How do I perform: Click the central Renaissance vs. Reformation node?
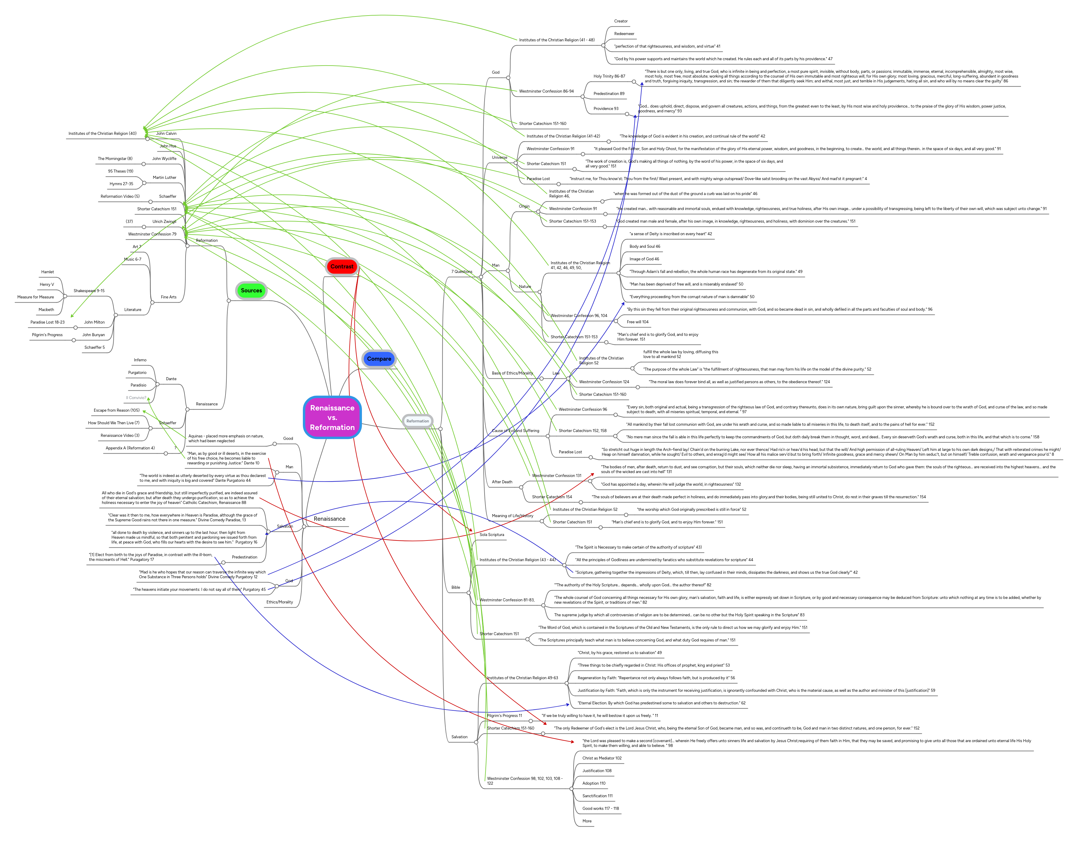(x=332, y=417)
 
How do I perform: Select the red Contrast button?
(x=342, y=266)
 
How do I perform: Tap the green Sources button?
(x=251, y=291)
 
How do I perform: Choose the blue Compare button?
(x=379, y=359)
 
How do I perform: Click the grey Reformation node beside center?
(x=418, y=421)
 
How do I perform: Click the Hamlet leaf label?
(x=47, y=272)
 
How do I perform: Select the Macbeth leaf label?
(x=46, y=310)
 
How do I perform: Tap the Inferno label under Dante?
(x=140, y=360)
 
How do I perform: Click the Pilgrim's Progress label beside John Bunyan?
(x=47, y=335)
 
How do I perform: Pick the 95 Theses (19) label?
(x=121, y=171)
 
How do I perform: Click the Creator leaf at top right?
(x=620, y=21)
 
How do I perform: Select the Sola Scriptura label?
(x=491, y=535)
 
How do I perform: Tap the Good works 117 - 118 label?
(x=600, y=808)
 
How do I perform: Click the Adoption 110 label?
(x=593, y=783)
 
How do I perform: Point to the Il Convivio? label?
(x=136, y=398)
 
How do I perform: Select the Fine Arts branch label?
(x=168, y=297)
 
